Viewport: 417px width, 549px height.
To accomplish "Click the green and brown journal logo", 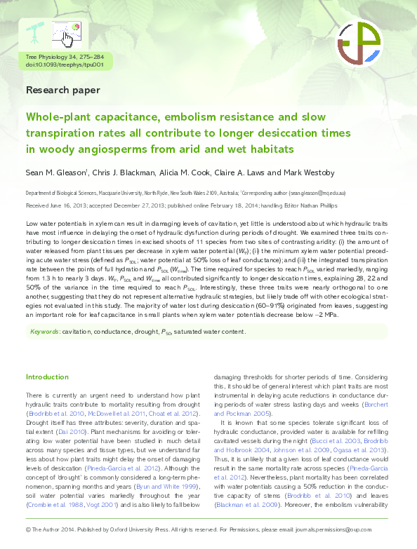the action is (x=359, y=43).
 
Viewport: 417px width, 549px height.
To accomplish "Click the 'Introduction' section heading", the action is (x=48, y=377).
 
